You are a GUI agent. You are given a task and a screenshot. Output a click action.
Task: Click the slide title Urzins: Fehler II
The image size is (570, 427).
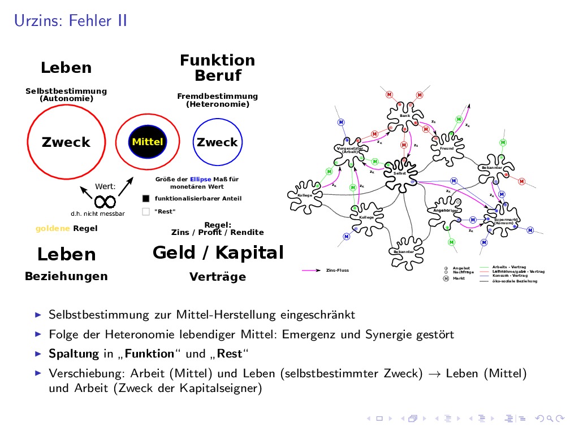[x=70, y=21]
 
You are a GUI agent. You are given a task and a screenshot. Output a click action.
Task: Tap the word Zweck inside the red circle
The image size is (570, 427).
[x=66, y=142]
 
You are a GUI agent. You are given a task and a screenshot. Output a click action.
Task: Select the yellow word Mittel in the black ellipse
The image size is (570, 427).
[x=147, y=142]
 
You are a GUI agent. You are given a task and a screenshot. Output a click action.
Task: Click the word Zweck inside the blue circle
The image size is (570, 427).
[x=217, y=142]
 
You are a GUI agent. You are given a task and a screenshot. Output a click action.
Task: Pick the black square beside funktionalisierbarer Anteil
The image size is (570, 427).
[x=146, y=199]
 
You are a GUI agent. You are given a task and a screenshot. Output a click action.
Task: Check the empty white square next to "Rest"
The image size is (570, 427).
[x=146, y=212]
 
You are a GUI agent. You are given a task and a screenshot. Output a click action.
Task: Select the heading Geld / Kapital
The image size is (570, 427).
[x=218, y=252]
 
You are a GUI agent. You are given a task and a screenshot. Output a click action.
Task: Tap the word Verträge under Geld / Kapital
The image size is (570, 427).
[x=218, y=277]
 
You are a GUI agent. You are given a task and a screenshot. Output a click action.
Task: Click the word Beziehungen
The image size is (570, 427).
[x=66, y=277]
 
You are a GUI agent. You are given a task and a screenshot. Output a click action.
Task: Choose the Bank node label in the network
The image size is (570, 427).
[x=405, y=116]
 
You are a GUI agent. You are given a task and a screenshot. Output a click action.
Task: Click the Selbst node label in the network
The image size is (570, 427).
[x=400, y=173]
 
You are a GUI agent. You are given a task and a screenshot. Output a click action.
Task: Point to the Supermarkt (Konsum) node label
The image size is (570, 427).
[x=503, y=221]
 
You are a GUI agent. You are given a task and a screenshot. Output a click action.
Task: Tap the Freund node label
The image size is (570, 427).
[x=447, y=149]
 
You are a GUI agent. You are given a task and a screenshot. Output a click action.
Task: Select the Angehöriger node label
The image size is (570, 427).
[x=444, y=210]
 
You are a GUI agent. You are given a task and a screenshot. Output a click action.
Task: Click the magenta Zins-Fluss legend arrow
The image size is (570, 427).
[x=312, y=271]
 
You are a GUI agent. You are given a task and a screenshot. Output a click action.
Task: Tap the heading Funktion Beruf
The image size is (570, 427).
[x=218, y=68]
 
